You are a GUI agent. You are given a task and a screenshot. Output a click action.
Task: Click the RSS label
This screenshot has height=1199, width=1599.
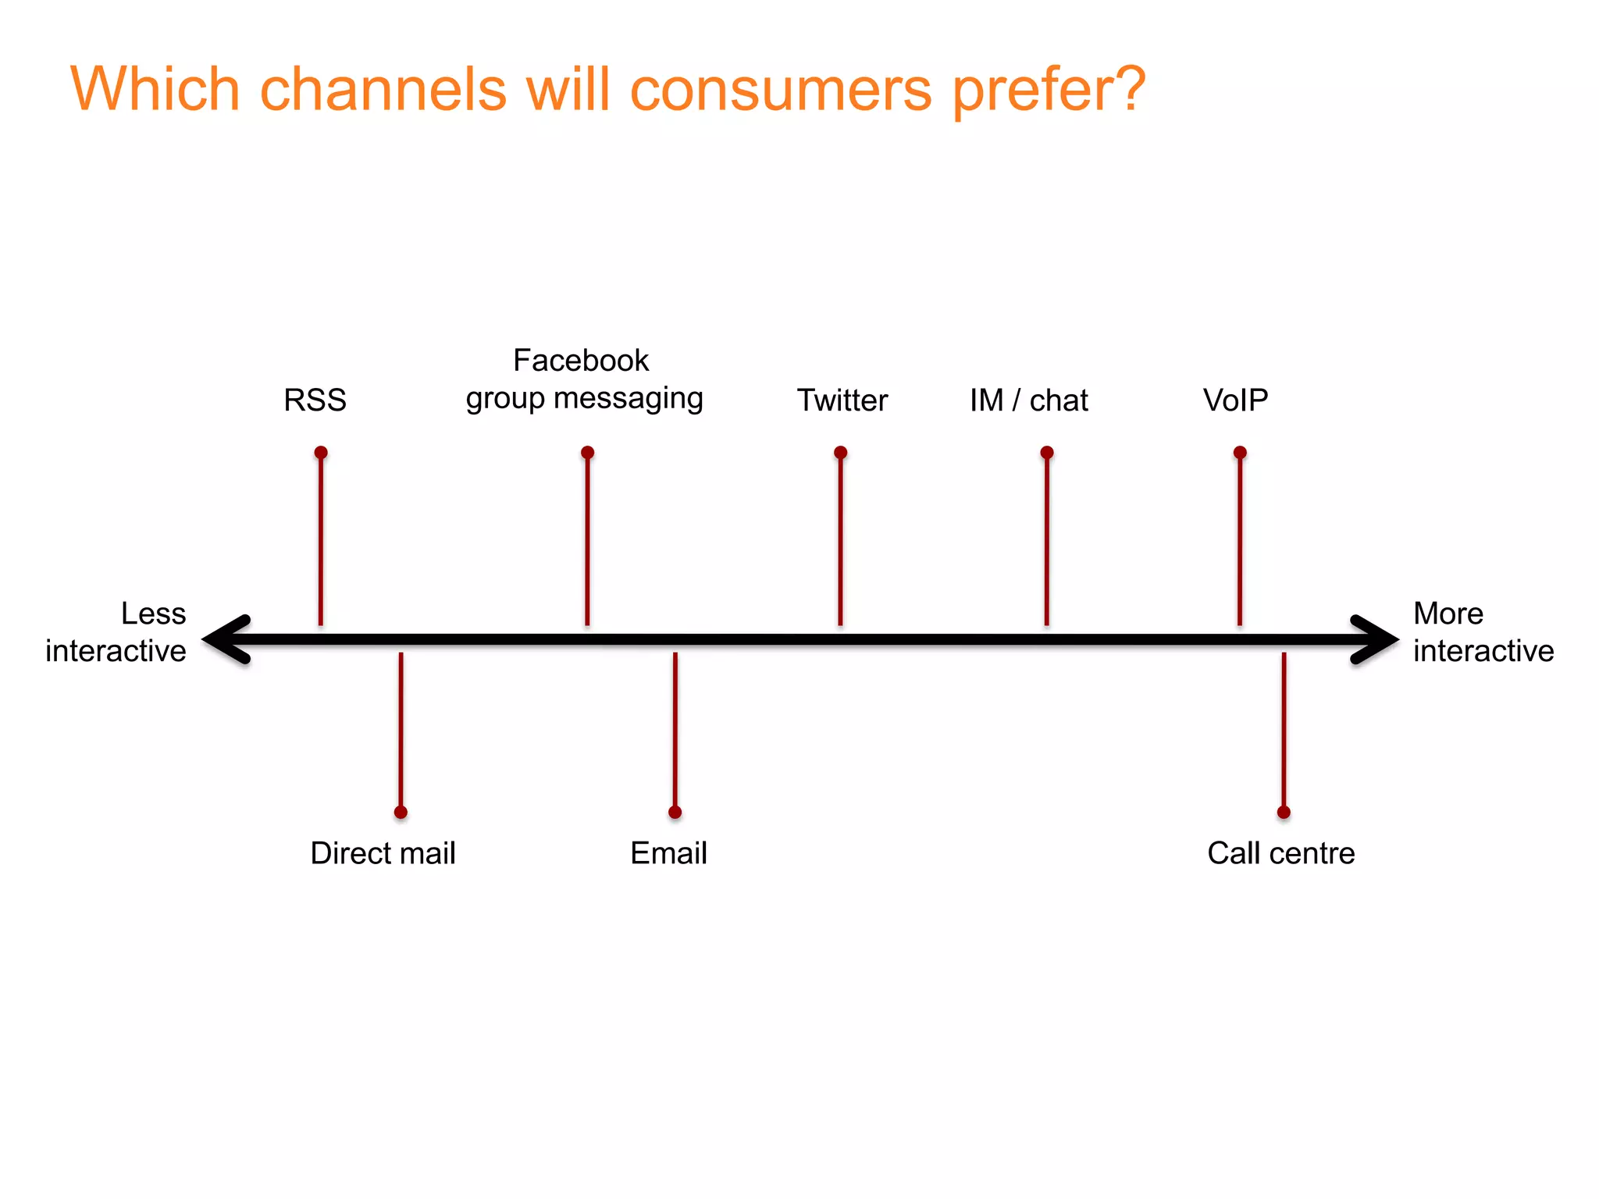[x=315, y=400]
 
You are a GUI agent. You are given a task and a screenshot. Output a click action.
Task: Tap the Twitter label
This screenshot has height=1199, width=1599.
[x=842, y=400]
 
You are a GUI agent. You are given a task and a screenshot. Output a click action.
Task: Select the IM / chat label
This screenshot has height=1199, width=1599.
[x=1028, y=400]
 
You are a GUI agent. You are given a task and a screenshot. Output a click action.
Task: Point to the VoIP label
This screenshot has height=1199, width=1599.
[x=1235, y=400]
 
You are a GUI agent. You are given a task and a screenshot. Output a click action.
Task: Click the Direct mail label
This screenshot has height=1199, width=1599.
[x=383, y=853]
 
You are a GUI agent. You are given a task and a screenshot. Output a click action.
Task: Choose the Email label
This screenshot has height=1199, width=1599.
[x=668, y=853]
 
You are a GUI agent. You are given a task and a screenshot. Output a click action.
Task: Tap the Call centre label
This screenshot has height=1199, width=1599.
[x=1280, y=853]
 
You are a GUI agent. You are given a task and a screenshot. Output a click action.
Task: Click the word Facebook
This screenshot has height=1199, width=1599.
[x=581, y=361]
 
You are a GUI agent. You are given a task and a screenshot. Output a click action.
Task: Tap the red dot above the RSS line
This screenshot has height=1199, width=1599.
[x=321, y=453]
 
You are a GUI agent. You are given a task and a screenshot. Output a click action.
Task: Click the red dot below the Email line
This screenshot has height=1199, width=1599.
[x=675, y=813]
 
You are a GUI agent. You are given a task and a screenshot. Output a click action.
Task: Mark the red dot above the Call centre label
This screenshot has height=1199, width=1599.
[x=1284, y=813]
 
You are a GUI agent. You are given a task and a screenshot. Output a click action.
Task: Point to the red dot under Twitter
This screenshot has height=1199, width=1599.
[x=840, y=453]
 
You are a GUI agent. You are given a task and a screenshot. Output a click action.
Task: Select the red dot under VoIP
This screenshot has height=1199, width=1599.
[x=1240, y=453]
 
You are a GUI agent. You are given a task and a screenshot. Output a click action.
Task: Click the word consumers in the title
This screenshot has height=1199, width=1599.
[x=781, y=89]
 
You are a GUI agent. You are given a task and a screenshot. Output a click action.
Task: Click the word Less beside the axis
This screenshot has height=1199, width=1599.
[x=154, y=614]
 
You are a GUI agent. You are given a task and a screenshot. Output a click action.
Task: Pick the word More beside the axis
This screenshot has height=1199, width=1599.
[x=1448, y=614]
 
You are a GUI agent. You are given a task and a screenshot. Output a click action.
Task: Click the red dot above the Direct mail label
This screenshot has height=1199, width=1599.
[x=401, y=813]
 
